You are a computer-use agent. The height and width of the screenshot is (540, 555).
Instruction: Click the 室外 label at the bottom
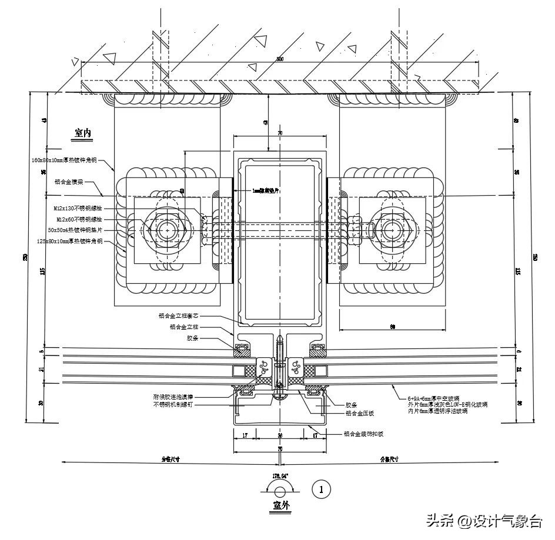pos(280,505)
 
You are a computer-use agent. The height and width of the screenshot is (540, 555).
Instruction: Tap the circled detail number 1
pos(321,488)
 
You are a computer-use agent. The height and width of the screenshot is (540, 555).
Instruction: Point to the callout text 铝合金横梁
pos(69,182)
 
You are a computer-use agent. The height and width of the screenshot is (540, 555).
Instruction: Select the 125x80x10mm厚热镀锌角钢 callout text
pos(69,241)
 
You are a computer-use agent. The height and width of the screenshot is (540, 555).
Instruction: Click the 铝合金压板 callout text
pos(360,413)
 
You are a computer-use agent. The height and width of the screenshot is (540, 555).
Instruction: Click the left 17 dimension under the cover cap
pos(245,436)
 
